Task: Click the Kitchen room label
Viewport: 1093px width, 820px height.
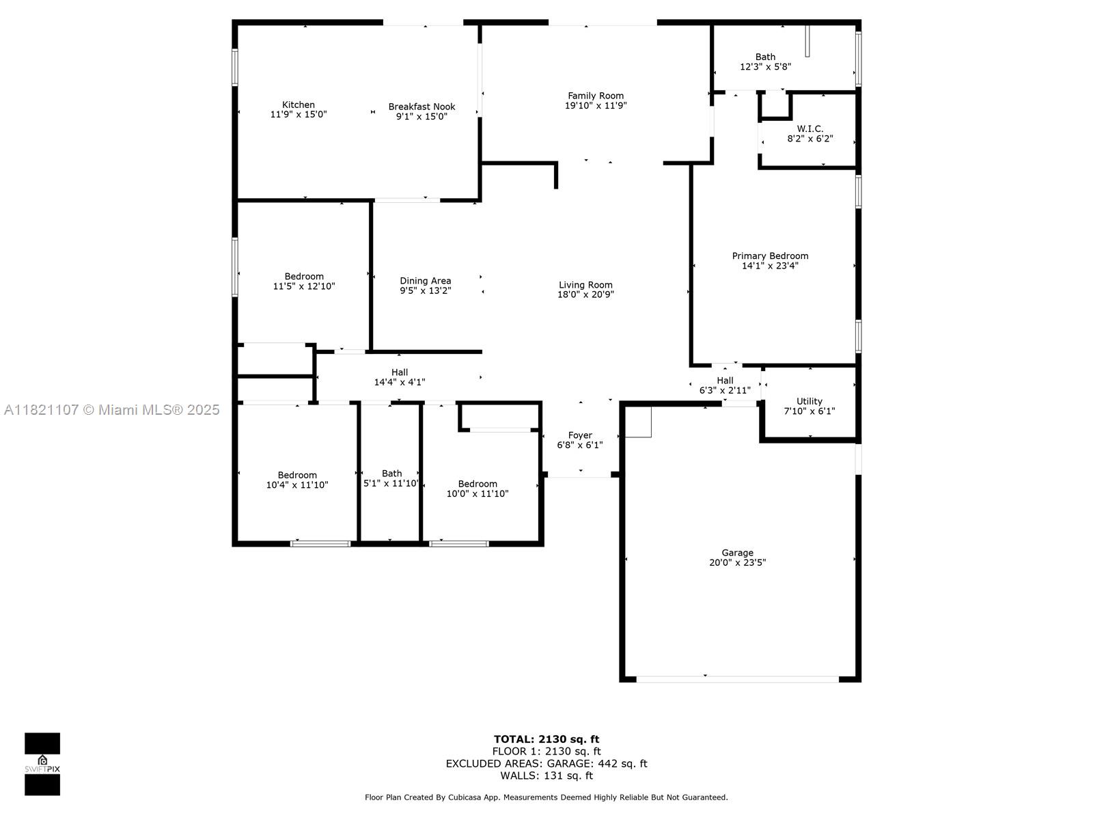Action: tap(299, 105)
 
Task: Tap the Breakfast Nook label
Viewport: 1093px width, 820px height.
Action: tap(421, 107)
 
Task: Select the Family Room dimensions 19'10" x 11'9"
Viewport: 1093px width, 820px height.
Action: tap(596, 105)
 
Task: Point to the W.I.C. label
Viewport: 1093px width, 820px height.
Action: tap(810, 129)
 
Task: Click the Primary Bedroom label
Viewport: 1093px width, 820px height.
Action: tap(771, 256)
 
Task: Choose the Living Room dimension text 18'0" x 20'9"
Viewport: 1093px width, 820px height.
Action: tap(585, 295)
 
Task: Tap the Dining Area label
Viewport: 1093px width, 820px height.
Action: tap(426, 281)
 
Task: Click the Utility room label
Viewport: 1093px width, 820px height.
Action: tap(810, 401)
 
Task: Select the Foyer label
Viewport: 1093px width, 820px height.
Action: tap(580, 435)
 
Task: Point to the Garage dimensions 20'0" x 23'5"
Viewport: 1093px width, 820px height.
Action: tap(738, 562)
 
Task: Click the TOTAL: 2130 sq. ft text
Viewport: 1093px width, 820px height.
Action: tap(546, 739)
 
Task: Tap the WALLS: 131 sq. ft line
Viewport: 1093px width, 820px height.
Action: tap(546, 776)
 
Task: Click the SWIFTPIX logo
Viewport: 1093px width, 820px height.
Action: tap(42, 764)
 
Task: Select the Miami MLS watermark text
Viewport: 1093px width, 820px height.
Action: tap(111, 410)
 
